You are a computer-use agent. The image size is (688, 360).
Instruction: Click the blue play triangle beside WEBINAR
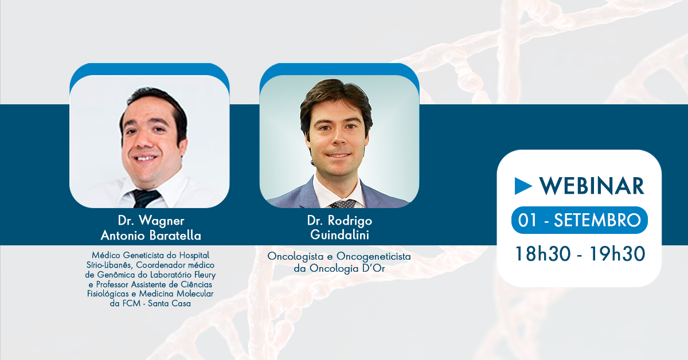[x=522, y=186]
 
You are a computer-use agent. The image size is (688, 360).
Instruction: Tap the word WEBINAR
[x=592, y=186]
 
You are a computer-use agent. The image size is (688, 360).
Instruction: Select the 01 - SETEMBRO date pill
[x=579, y=220]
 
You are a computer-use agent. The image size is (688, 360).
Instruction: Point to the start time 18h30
[x=542, y=254]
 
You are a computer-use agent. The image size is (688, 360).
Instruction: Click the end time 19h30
[x=617, y=254]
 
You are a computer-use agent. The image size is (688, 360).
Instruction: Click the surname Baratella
[x=175, y=236]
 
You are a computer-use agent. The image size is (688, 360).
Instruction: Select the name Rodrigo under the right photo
[x=350, y=221]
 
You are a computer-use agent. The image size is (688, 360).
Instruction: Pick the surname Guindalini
[x=339, y=235]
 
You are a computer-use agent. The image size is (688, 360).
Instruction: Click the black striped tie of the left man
[x=145, y=198]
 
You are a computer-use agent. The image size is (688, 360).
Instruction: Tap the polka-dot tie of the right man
[x=342, y=204]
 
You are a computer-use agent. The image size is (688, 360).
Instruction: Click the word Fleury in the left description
[x=205, y=275]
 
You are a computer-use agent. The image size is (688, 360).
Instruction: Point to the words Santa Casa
[x=169, y=303]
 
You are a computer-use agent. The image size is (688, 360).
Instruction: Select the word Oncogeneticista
[x=373, y=256]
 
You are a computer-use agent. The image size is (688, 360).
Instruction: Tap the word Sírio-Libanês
[x=109, y=265]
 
